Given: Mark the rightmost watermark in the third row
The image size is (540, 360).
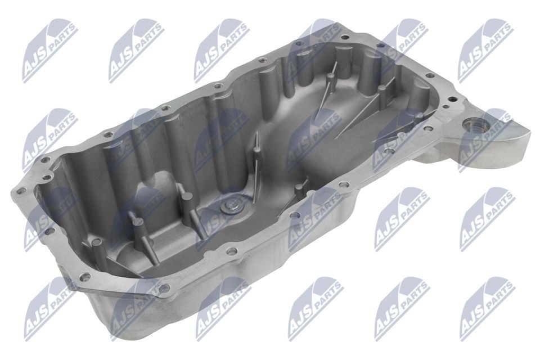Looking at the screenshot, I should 486,222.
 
